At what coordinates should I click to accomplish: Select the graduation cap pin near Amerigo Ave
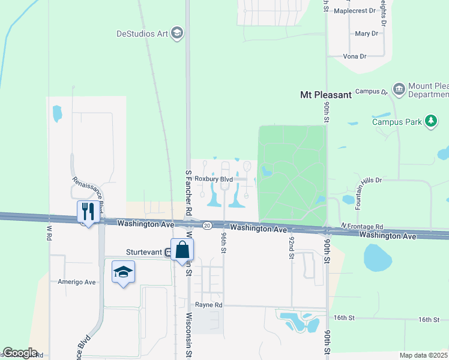[123, 272]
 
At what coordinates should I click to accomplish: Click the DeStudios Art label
[142, 34]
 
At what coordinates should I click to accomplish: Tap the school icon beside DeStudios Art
[177, 33]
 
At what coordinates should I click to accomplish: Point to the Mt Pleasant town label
[325, 95]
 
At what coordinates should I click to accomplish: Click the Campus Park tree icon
[430, 121]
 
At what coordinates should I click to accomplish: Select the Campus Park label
[397, 121]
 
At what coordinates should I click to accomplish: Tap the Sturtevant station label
[144, 253]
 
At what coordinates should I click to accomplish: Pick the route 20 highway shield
[206, 225]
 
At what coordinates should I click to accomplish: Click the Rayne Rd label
[208, 305]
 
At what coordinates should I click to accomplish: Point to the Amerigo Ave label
[77, 282]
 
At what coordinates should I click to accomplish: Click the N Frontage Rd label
[362, 226]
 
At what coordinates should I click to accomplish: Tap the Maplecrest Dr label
[354, 11]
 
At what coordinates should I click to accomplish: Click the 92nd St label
[291, 247]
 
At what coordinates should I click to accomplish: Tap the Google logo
[20, 353]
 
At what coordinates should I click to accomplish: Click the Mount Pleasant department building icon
[399, 89]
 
